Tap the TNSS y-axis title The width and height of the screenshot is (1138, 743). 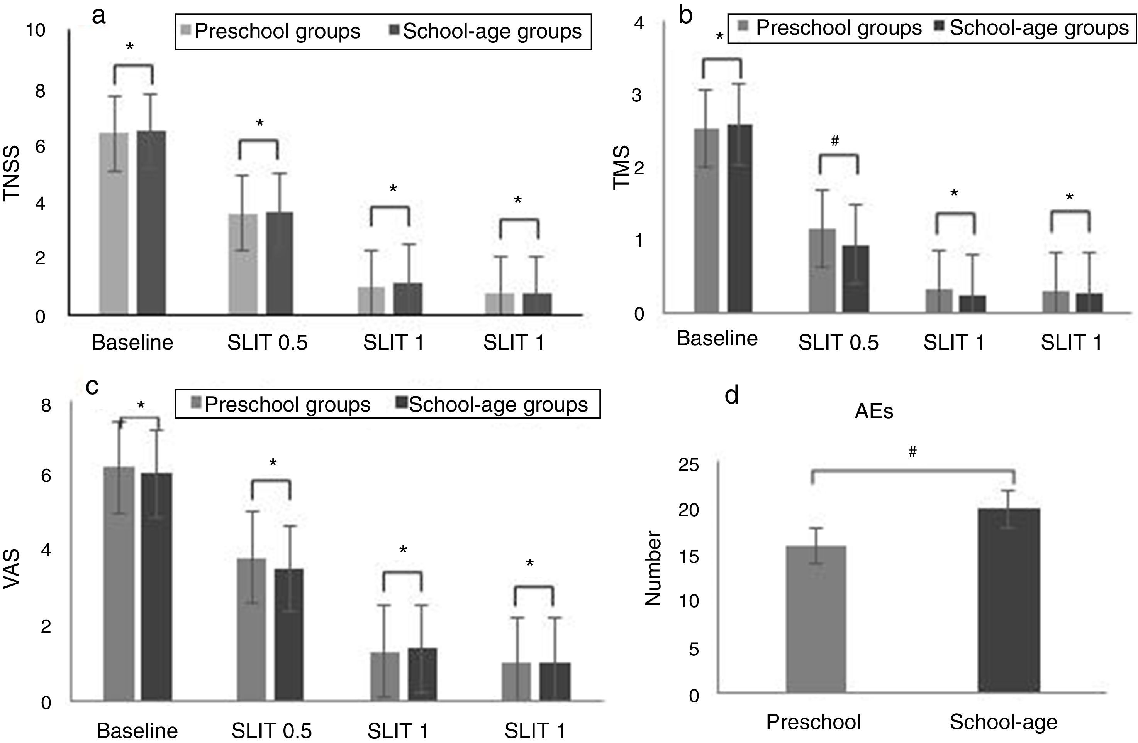tap(12, 173)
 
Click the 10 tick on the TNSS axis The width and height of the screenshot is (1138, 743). tap(36, 30)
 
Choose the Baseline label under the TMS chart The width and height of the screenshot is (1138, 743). tap(717, 338)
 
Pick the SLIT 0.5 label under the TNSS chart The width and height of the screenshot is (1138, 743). tap(267, 343)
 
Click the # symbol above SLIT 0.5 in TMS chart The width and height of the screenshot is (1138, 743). tap(835, 141)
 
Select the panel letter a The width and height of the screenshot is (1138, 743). tap(98, 16)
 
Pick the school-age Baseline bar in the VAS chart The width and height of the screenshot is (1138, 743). tap(156, 587)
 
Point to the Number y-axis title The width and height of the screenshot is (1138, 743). tap(653, 569)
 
